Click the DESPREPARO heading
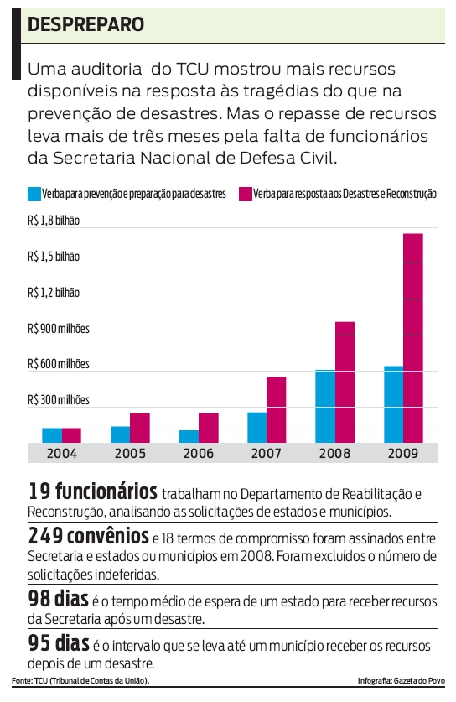tap(85, 25)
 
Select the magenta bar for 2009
tap(412, 337)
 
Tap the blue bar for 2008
tap(325, 406)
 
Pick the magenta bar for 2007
tap(276, 409)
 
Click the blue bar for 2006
tap(189, 435)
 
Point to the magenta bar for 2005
tap(139, 427)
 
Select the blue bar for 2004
tap(52, 434)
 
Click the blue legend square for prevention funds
tap(34, 195)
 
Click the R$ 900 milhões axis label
tap(58, 328)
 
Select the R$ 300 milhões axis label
tap(58, 400)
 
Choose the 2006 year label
tap(199, 453)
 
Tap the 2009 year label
tap(403, 453)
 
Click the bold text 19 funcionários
tap(92, 491)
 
